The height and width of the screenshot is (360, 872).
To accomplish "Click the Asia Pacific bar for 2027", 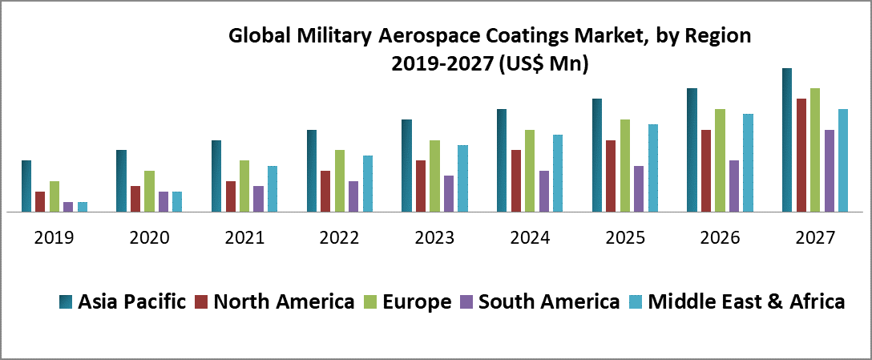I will [787, 140].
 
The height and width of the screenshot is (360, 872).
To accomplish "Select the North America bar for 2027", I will [801, 156].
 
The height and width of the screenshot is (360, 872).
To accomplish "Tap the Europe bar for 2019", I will [54, 197].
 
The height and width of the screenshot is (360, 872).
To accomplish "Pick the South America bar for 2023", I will [449, 194].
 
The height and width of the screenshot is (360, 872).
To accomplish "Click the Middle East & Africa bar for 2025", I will [653, 168].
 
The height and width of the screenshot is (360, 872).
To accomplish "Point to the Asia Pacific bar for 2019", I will [26, 187].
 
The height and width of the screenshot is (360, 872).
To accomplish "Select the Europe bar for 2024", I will [530, 171].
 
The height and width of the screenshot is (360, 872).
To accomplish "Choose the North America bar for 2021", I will [231, 197].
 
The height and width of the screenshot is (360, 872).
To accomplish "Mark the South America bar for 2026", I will [734, 187].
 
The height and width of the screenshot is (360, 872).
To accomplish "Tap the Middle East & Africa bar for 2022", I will [368, 184].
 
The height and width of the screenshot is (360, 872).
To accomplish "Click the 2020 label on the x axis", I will [149, 238].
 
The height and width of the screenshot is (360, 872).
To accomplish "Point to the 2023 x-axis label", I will [434, 238].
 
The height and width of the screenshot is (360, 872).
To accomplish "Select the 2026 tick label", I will [720, 238].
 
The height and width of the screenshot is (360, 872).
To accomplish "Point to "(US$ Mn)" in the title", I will [543, 65].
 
